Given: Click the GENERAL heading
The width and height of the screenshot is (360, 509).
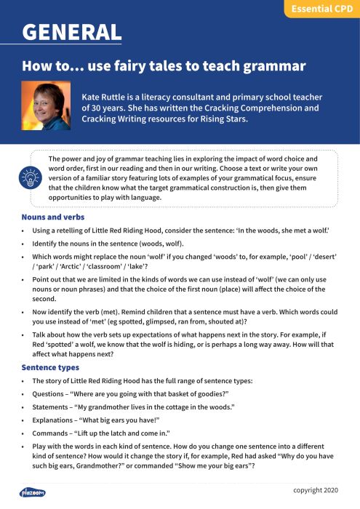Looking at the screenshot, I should tap(71, 32).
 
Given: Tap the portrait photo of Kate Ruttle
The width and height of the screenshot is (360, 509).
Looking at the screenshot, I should tap(47, 105).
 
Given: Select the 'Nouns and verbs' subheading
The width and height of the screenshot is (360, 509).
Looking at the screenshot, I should tap(52, 217).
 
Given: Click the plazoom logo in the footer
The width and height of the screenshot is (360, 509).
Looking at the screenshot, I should tap(33, 492).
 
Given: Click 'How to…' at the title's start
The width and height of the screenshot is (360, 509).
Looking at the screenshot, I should tap(49, 67).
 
